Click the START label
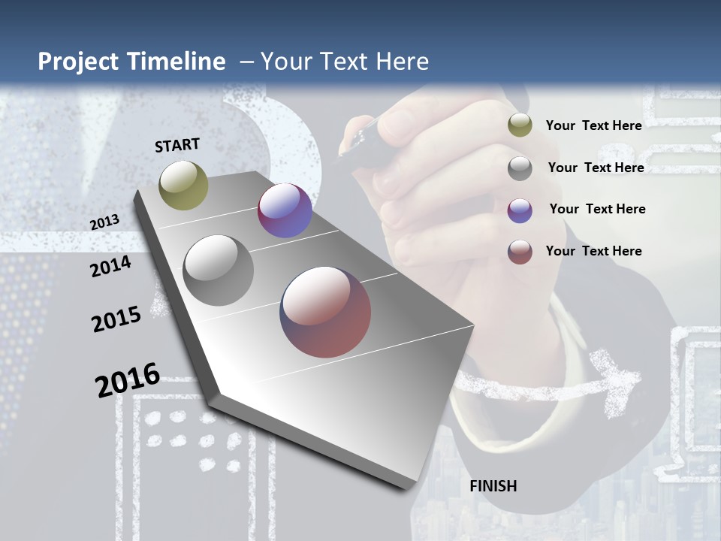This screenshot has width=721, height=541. [x=177, y=145]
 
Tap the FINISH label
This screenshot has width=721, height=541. [x=493, y=486]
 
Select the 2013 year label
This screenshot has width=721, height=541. [x=104, y=222]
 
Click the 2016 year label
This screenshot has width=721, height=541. [x=128, y=380]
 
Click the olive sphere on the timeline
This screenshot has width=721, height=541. [x=183, y=185]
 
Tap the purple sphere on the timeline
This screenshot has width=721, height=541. [x=285, y=210]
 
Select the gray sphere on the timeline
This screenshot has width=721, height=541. [x=219, y=270]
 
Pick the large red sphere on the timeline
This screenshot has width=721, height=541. [x=325, y=312]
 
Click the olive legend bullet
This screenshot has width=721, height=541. [x=520, y=125]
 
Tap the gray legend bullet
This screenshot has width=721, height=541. [x=520, y=168]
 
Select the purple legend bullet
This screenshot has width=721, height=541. [x=520, y=210]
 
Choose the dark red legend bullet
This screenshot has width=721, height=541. [x=520, y=252]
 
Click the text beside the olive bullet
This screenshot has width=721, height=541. [x=593, y=125]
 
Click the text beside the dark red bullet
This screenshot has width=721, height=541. [x=593, y=251]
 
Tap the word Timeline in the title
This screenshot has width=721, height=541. [x=179, y=62]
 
